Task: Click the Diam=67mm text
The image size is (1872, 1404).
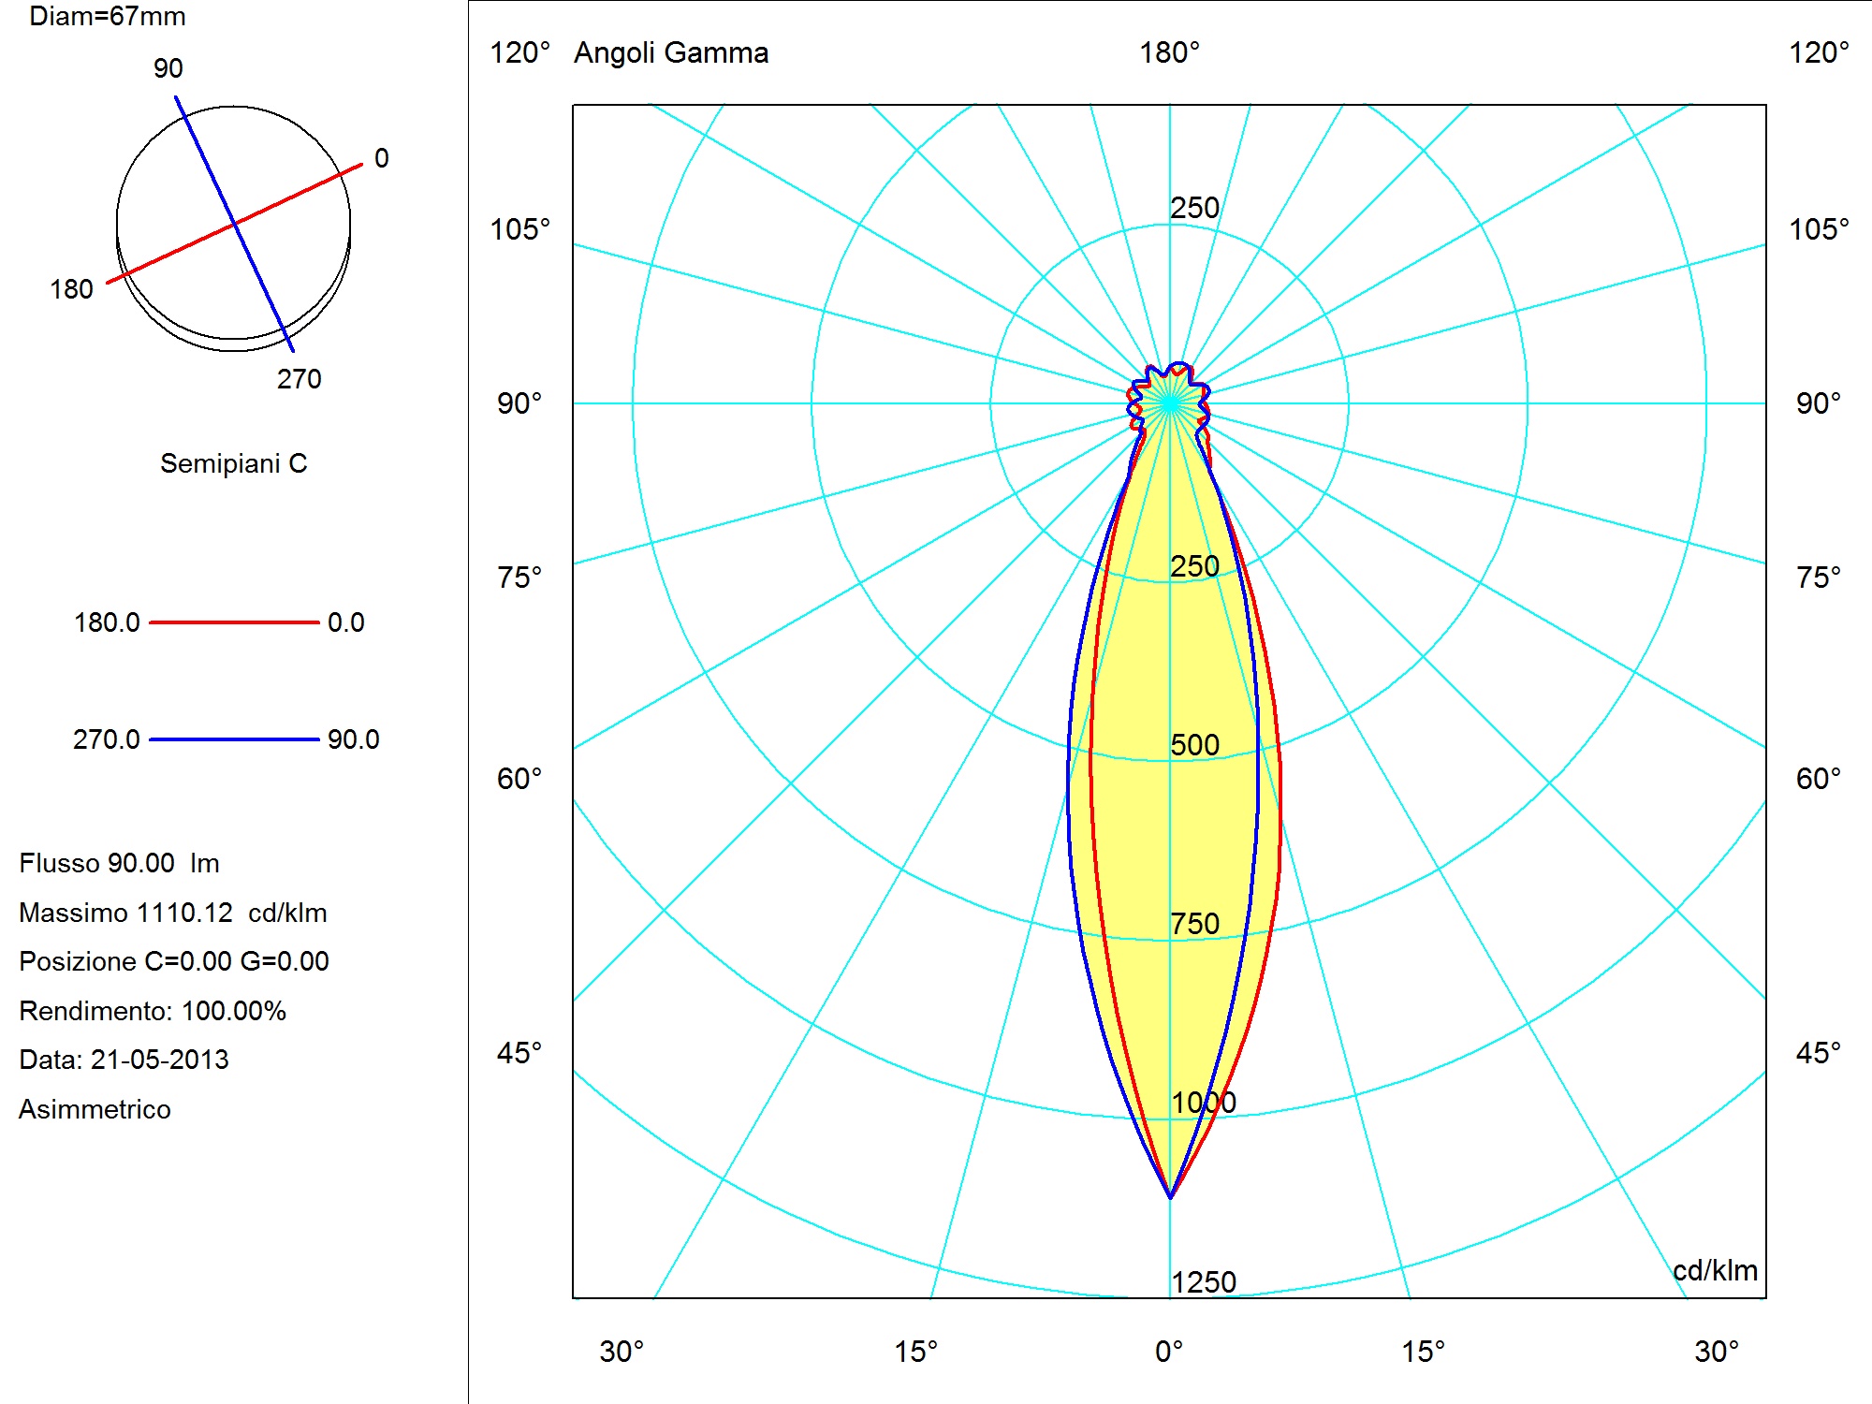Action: (108, 17)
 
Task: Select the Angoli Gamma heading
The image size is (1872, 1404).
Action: (671, 53)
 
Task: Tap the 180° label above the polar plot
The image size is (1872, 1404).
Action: (1169, 52)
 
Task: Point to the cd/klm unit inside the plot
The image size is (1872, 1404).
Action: (1715, 1270)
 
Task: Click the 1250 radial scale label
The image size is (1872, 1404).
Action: (1204, 1282)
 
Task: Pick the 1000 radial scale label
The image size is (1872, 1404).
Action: (1204, 1103)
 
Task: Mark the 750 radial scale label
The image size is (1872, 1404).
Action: (1195, 924)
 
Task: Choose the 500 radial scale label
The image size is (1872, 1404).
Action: (1195, 745)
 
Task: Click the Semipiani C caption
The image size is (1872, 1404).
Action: (233, 463)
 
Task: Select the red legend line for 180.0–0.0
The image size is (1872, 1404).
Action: (234, 622)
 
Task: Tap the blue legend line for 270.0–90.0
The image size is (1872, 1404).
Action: (234, 739)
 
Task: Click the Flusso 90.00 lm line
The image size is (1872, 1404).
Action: (119, 863)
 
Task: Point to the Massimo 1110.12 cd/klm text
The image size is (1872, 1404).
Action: (173, 913)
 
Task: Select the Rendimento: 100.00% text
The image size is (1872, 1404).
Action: (153, 1011)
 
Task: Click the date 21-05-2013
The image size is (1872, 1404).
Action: (159, 1060)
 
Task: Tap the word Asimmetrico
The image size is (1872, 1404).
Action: (95, 1109)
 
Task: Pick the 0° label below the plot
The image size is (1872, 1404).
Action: (1169, 1352)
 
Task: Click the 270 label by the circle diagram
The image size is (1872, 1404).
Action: (299, 379)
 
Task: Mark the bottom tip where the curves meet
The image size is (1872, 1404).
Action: (1170, 1197)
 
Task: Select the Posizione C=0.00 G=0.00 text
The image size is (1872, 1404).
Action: (174, 961)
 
